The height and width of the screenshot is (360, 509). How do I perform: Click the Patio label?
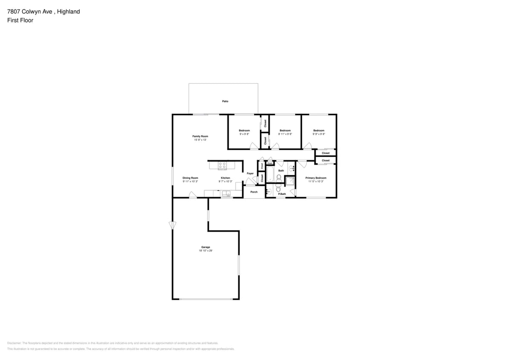(x=225, y=102)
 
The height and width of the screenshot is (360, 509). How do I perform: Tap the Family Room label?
(x=200, y=136)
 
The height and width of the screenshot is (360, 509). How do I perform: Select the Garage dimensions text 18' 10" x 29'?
(x=205, y=251)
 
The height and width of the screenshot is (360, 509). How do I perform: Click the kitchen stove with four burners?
(x=222, y=165)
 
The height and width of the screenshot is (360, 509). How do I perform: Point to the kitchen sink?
(x=225, y=194)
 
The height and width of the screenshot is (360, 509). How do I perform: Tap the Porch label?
(x=254, y=192)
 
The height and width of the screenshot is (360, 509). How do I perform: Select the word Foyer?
(x=250, y=174)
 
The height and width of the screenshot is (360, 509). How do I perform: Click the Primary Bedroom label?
(x=316, y=178)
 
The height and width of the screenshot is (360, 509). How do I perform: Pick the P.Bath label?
(x=282, y=194)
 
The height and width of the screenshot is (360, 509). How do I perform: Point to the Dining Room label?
(x=190, y=178)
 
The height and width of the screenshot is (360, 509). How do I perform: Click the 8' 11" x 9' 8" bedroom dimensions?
(x=285, y=134)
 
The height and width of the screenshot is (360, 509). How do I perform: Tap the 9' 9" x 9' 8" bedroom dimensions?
(x=319, y=134)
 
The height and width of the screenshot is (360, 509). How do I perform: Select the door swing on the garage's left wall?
(x=172, y=225)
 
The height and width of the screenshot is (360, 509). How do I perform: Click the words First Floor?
(x=20, y=20)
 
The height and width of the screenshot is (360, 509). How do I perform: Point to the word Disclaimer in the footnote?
(x=14, y=343)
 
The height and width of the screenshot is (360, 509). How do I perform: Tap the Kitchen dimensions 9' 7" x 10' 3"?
(x=225, y=181)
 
